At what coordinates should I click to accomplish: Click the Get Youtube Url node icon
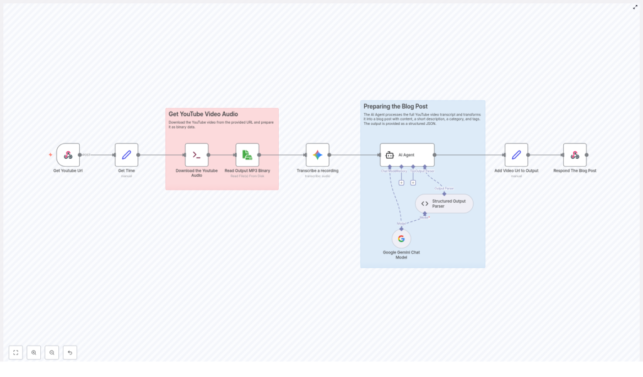(68, 155)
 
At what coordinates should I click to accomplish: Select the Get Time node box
(126, 155)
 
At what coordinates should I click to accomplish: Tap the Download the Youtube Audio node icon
(197, 155)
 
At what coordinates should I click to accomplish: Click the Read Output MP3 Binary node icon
(247, 155)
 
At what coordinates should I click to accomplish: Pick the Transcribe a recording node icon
(318, 155)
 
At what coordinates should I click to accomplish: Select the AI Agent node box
(407, 155)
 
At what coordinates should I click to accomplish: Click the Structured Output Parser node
(444, 203)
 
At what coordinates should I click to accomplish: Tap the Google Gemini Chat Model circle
(401, 238)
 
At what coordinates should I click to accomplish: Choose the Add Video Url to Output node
(516, 155)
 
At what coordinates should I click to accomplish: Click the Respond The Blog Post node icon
(575, 155)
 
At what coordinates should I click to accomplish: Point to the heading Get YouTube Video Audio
(203, 114)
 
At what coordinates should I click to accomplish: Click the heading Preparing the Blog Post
(396, 107)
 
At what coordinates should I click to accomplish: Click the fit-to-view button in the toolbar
(16, 353)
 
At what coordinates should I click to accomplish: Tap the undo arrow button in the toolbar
(70, 353)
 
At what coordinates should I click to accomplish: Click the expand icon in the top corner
(635, 7)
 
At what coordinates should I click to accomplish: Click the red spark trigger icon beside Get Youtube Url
(51, 155)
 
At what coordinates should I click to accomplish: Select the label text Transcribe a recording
(318, 171)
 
